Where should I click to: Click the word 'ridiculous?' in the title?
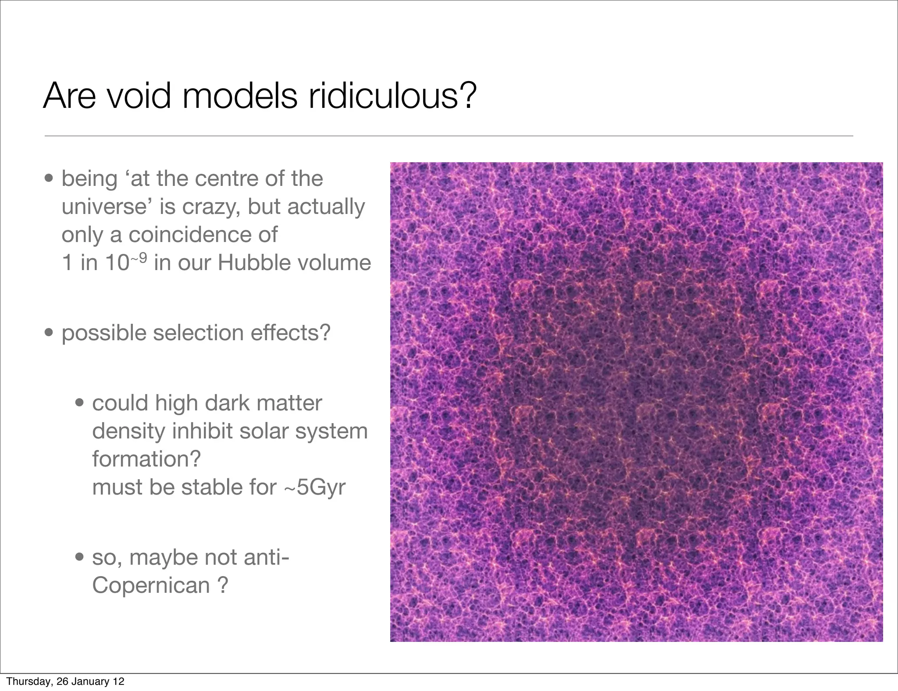(392, 95)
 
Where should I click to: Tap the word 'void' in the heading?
(139, 95)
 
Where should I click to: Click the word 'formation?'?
(146, 459)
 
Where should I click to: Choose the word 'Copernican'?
(151, 585)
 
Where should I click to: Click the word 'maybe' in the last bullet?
(164, 557)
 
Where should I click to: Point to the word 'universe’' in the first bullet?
(107, 207)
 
